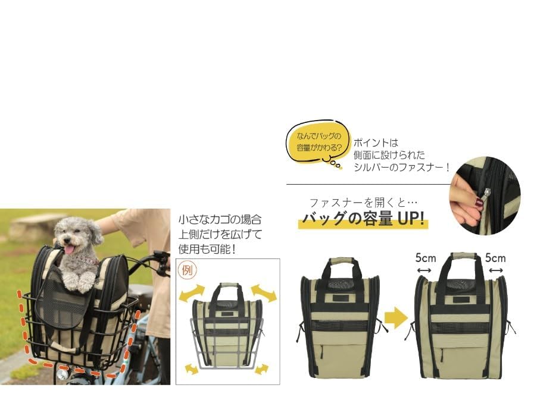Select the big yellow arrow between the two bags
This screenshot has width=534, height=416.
point(395,319)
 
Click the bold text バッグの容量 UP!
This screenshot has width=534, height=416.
point(364,219)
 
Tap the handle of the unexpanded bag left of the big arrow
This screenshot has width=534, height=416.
point(341,262)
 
